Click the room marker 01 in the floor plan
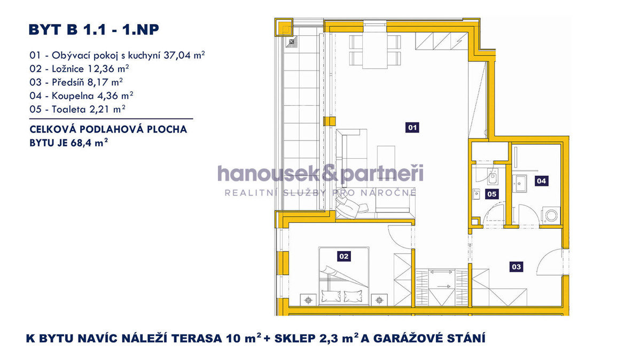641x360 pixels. [x=412, y=128]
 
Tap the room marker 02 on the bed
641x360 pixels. [x=343, y=256]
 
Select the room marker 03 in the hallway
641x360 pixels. [x=516, y=267]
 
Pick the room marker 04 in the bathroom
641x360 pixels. [x=542, y=181]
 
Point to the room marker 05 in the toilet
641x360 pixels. [x=492, y=194]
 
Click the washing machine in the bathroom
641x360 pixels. [x=551, y=215]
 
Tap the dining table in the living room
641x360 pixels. [x=375, y=50]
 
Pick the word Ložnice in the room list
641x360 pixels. [x=68, y=69]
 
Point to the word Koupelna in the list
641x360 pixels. [x=73, y=96]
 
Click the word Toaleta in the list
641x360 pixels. [x=69, y=109]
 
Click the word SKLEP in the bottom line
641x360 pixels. [x=295, y=339]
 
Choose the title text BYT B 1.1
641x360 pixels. [x=67, y=30]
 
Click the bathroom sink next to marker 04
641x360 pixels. [x=519, y=184]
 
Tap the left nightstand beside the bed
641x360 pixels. [x=308, y=300]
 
